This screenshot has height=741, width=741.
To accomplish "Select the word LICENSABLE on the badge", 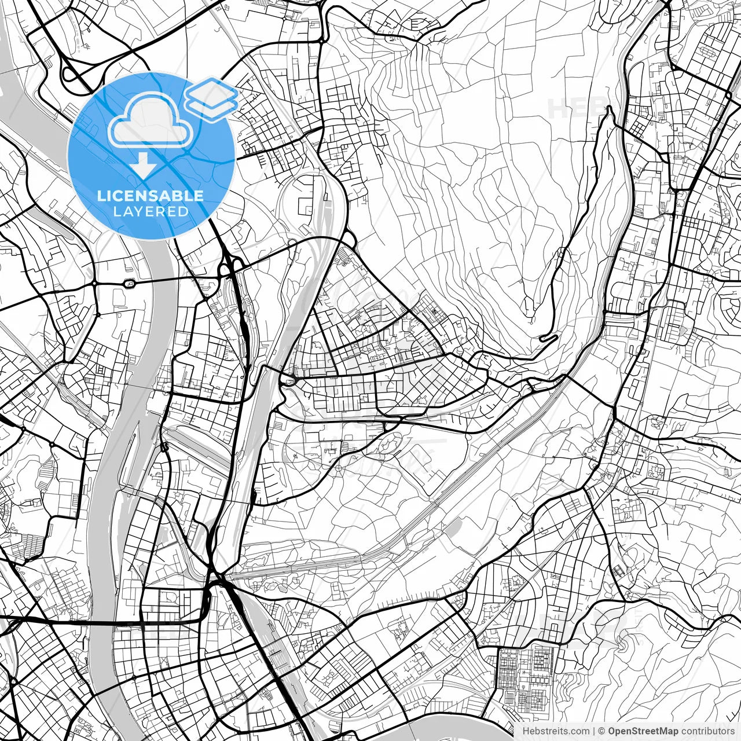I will [151, 196].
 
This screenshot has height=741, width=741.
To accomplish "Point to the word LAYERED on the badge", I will [151, 211].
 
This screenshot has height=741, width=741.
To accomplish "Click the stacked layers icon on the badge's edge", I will [211, 98].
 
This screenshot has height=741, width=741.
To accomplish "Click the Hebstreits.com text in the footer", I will [555, 731].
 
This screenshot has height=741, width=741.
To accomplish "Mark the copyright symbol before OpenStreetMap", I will [601, 731].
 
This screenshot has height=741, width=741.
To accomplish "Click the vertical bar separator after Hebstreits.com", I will [594, 731].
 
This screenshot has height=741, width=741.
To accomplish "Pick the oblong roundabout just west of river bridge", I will [129, 283].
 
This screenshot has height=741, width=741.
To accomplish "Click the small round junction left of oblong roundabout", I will [94, 284].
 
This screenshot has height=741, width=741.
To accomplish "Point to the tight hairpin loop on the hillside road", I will [547, 338].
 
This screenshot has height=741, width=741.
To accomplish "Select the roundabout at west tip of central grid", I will [288, 380].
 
